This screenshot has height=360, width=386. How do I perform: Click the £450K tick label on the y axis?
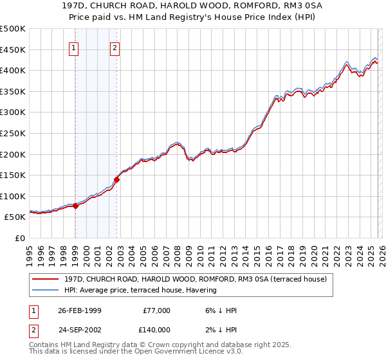tap(13, 50)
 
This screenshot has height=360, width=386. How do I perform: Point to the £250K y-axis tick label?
tap(13, 133)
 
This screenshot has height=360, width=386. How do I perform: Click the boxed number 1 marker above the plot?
tap(74, 47)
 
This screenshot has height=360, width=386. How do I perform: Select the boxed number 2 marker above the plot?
tap(115, 47)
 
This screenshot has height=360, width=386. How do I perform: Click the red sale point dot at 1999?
tap(76, 206)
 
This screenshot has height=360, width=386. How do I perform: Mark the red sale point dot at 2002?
tap(117, 179)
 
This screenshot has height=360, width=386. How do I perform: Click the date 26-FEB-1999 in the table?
tap(79, 310)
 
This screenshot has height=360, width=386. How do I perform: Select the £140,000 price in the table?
tap(157, 329)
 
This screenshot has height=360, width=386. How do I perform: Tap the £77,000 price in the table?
tap(157, 310)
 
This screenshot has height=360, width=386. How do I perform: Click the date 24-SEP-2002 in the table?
tap(79, 329)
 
